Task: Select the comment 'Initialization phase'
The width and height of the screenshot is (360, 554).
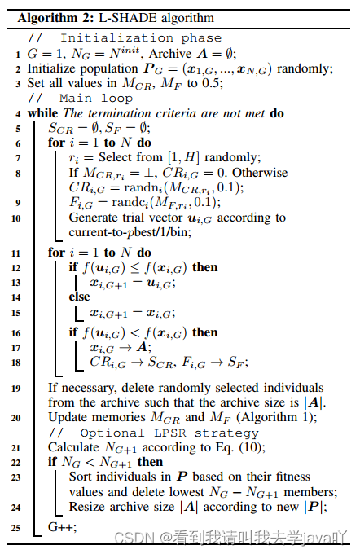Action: (141, 38)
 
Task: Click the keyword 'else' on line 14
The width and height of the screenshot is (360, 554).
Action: (80, 297)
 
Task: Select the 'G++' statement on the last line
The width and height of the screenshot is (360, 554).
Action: (62, 528)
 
